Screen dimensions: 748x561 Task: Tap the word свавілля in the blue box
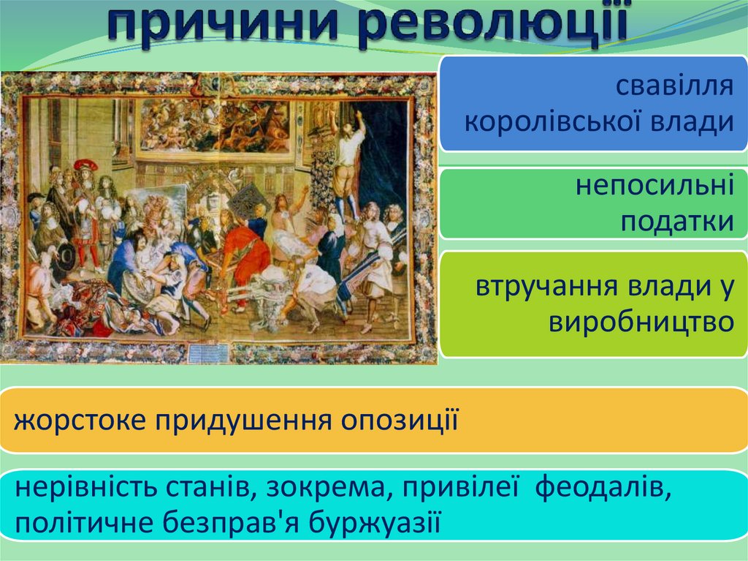674,86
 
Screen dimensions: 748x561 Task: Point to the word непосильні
654,185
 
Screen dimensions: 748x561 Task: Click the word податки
677,221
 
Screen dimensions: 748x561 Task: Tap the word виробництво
641,322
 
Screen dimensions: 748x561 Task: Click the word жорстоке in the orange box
80,421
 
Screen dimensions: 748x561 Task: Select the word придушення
243,421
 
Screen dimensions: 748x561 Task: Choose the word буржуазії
375,522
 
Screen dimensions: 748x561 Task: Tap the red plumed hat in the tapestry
85,165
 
